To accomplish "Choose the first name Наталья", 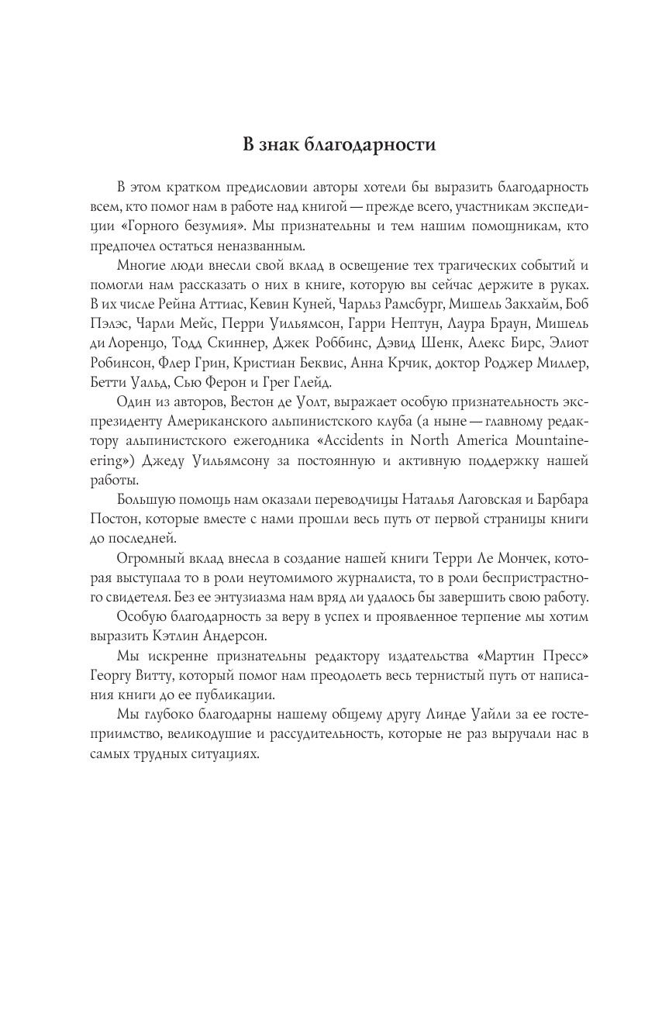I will pyautogui.click(x=410, y=500).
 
